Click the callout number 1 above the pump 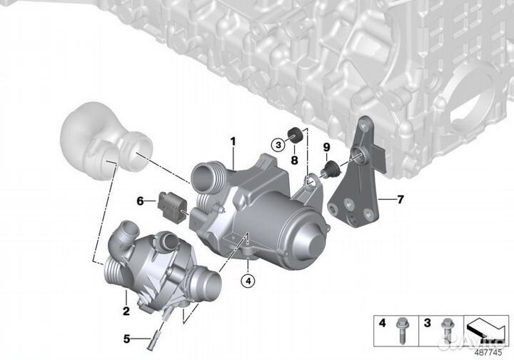coord(233,141)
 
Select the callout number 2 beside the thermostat coord(126,311)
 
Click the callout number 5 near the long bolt coord(126,339)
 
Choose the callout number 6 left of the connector coord(141,201)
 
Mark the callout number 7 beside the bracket coord(400,199)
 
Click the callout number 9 coord(326,147)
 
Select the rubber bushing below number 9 coord(330,169)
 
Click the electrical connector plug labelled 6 coord(172,204)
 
